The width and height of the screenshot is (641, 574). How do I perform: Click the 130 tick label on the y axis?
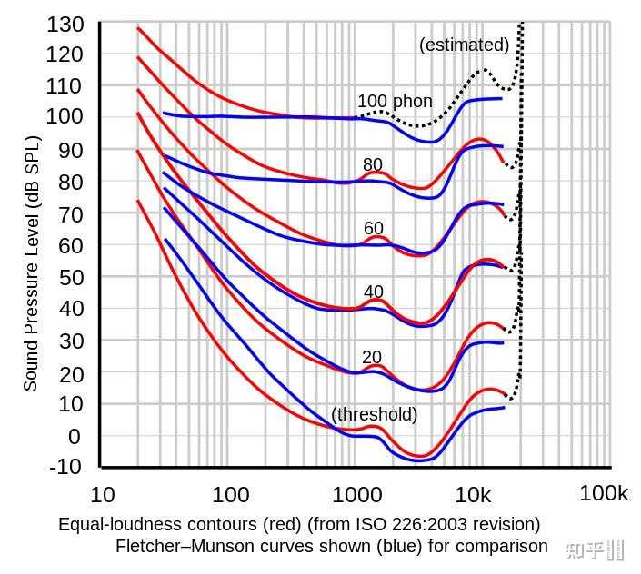[x=65, y=23]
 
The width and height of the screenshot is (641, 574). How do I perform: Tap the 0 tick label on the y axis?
[x=75, y=435]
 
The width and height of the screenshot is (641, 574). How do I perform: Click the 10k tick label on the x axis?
[x=474, y=496]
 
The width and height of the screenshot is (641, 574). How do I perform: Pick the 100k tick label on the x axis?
[x=604, y=494]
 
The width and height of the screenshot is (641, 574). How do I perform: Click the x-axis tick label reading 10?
[x=103, y=496]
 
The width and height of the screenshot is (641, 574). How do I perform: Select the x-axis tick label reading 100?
[x=231, y=496]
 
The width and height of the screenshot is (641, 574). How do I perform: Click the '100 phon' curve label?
[x=395, y=101]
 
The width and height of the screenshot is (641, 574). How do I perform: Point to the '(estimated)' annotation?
[x=465, y=45]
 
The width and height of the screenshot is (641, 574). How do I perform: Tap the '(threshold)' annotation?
[x=375, y=414]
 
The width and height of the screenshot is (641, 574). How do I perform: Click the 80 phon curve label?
[x=373, y=164]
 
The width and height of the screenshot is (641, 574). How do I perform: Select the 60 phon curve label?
[x=373, y=228]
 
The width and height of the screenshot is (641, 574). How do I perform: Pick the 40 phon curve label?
[x=373, y=292]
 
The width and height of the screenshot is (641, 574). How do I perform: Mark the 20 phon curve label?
[x=371, y=357]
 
